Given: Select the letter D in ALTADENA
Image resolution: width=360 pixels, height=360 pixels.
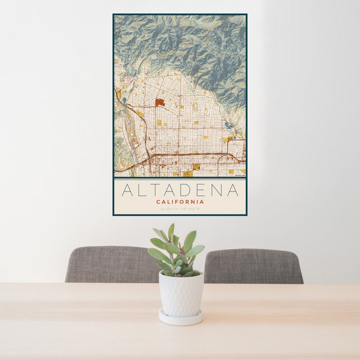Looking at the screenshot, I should coord(196,190).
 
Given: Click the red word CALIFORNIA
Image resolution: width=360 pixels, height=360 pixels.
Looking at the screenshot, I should coord(180,202).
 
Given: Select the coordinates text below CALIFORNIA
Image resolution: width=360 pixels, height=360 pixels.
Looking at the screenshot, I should coord(180,209).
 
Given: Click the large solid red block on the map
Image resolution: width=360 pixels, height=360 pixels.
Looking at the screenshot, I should coord(159,102).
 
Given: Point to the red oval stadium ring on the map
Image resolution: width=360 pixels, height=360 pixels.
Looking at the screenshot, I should coord(134,139).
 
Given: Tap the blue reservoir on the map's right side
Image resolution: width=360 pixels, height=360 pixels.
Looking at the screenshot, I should coord(228,125).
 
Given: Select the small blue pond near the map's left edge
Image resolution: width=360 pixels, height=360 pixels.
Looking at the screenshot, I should coord(124,100).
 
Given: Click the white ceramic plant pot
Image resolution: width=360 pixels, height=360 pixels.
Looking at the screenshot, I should coord(181,294).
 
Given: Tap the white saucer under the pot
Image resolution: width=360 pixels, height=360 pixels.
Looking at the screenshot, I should coord(181,318).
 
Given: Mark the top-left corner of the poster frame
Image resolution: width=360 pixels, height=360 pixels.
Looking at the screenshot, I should coord(114,14).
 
